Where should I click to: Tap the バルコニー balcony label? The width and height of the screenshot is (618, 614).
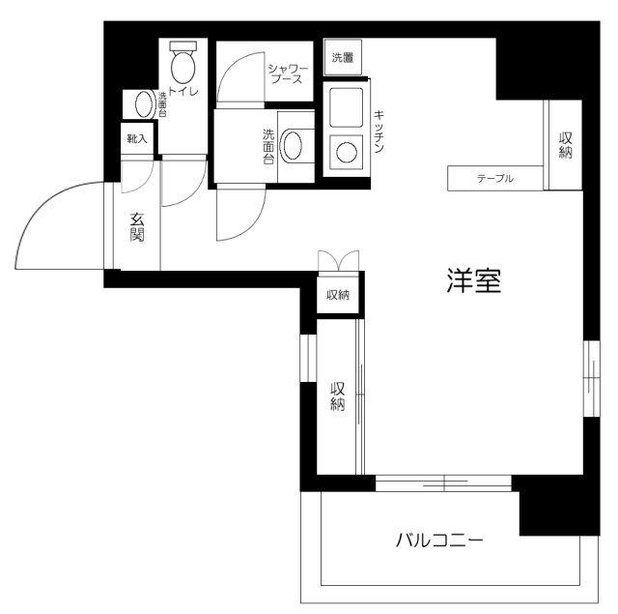coord(438,541)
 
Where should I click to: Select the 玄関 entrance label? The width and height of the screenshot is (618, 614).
coord(137,228)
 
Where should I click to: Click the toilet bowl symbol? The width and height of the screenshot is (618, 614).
coord(182,65)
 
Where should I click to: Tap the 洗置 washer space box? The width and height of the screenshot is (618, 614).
coord(343,58)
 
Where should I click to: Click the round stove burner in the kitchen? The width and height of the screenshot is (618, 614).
coord(344,151)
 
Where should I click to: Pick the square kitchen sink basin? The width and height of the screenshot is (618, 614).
coord(344,107)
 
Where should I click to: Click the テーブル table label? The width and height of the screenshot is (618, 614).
coord(494,179)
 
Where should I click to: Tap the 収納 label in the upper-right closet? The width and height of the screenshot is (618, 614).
coord(565,145)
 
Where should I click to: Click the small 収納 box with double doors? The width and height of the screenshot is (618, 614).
coord(337,294)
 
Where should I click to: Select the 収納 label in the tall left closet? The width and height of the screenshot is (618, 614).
coord(337,396)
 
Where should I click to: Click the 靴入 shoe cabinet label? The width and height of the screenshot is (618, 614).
coord(136,138)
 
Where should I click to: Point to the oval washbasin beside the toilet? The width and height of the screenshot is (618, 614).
coord(143,102)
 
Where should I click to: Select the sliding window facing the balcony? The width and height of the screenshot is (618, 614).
coord(442,482)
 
